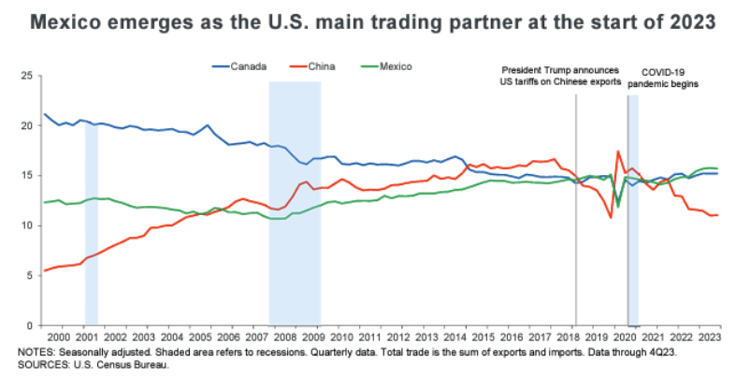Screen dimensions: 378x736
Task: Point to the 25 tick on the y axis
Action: coord(28,76)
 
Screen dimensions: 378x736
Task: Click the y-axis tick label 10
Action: coord(28,225)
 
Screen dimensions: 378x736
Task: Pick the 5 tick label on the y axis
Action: coord(31,275)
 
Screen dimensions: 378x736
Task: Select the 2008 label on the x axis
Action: coord(287,336)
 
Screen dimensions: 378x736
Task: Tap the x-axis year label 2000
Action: coord(57,336)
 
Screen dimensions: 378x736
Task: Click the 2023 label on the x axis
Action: coord(710,336)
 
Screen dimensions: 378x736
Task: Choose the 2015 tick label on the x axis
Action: coord(482,336)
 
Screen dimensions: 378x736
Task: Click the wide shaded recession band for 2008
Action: coord(295,234)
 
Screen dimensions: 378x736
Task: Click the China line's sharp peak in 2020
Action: coord(618,152)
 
